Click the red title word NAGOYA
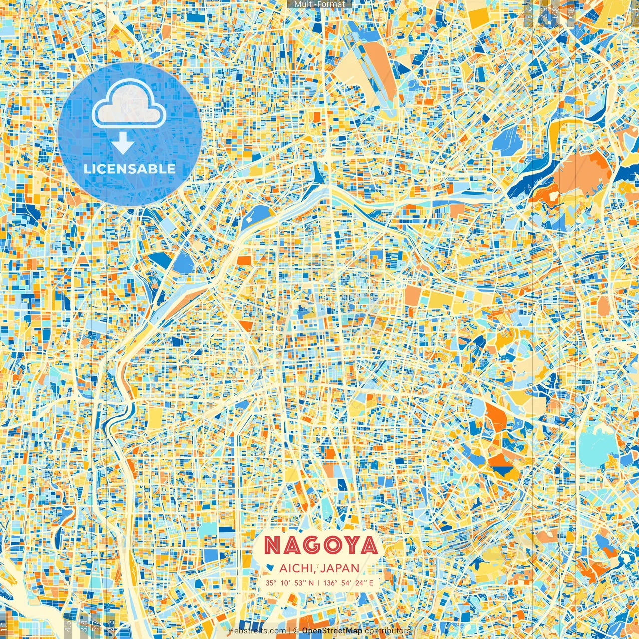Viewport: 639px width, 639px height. point(320,545)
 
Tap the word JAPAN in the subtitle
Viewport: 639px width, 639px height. point(340,568)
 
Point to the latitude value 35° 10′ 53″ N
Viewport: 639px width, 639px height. point(290,583)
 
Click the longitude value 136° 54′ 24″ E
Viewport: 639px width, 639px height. point(348,583)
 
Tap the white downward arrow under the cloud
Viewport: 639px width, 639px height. point(123,145)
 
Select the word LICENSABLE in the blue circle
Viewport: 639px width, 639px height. point(130,169)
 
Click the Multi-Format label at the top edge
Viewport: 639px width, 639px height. point(319,4)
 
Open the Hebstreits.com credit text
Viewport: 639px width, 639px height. point(257,631)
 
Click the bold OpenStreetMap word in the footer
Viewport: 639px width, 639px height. point(332,631)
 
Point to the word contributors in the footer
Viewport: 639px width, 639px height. point(388,631)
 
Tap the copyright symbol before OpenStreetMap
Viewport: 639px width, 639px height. point(296,631)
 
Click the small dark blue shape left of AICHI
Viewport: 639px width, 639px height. point(270,567)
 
